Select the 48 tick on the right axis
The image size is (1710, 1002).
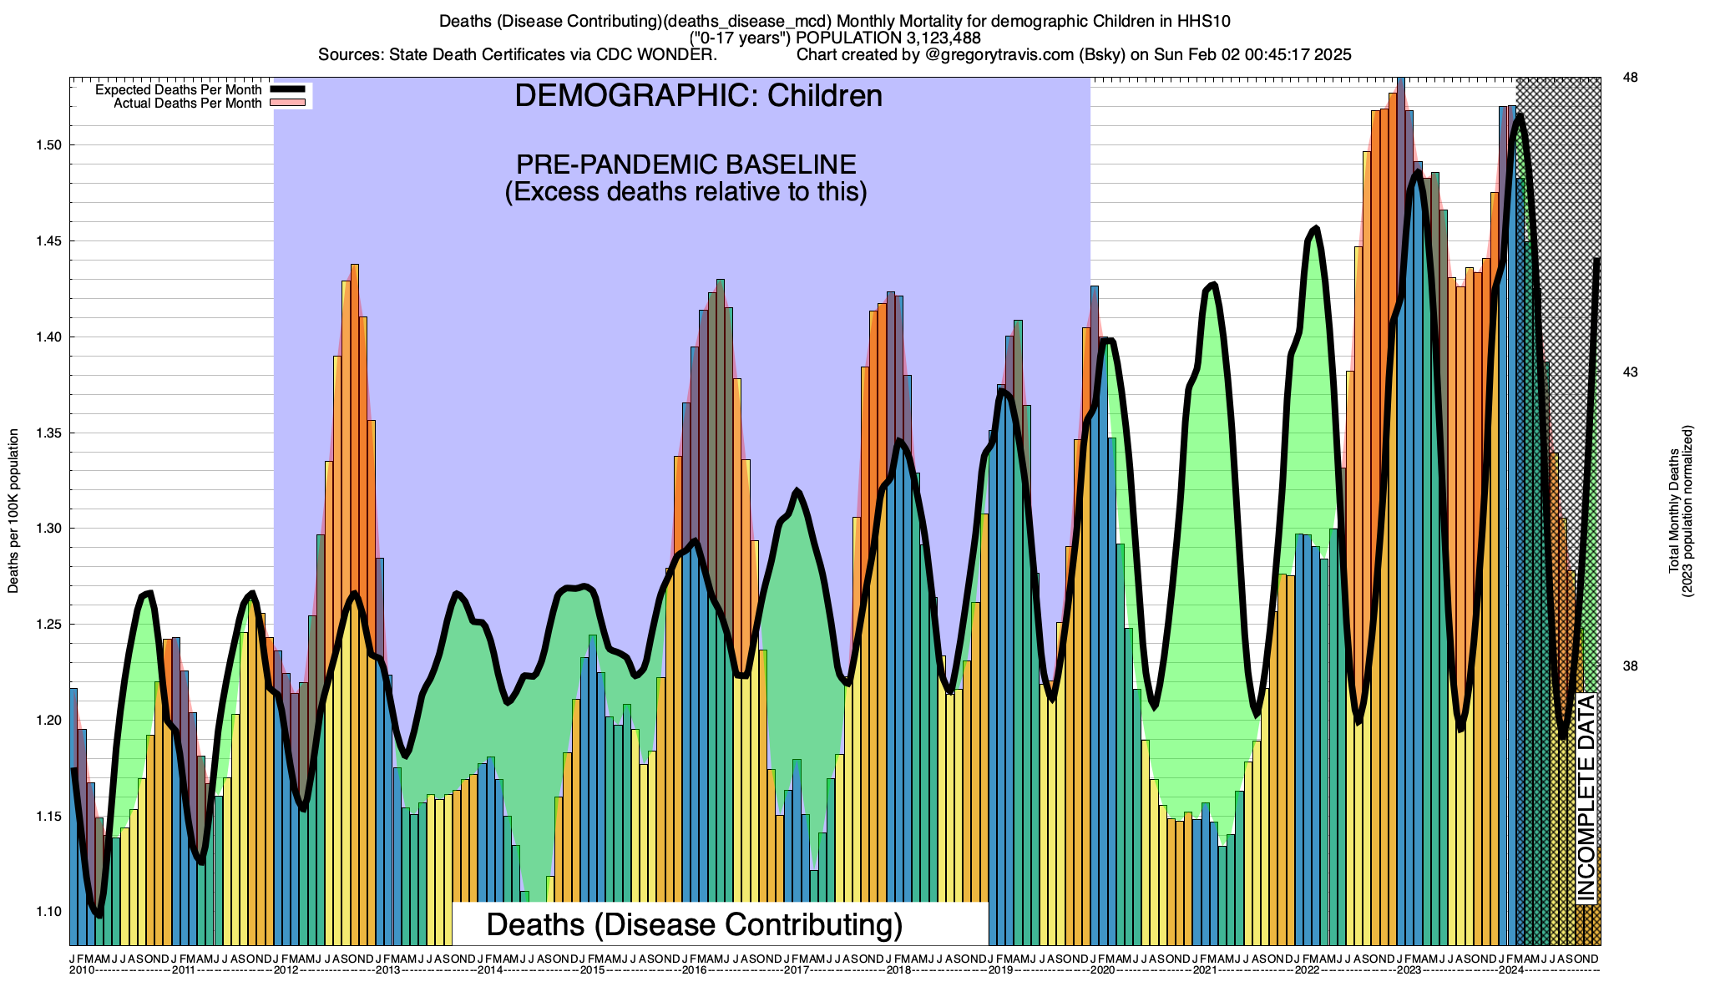(1629, 78)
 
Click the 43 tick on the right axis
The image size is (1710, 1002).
(1629, 372)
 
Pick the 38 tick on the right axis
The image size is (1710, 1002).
(1629, 666)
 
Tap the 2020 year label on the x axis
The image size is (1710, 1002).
(1102, 970)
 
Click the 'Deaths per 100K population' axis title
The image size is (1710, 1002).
(13, 511)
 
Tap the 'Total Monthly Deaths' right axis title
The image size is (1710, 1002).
(1673, 511)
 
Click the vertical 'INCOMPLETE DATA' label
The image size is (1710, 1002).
(1586, 797)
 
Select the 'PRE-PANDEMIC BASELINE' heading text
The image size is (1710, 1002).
(686, 164)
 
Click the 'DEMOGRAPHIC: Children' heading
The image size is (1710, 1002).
(698, 96)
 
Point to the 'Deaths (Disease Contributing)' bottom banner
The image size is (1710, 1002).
(695, 924)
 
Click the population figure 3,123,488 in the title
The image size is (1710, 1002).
(934, 38)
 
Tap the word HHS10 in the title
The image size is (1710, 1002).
(1207, 20)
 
